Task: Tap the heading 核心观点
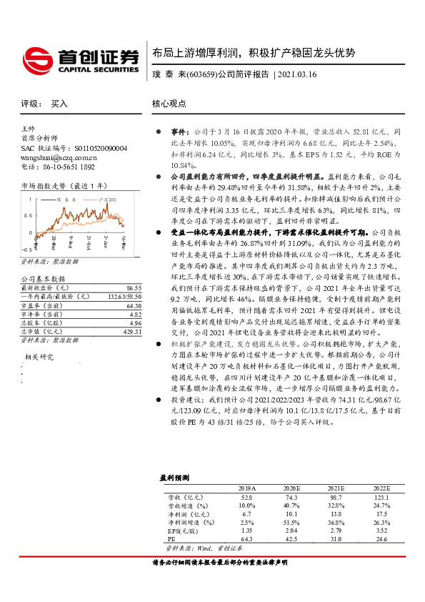(167, 104)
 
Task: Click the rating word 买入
(59, 104)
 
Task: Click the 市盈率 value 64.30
(133, 305)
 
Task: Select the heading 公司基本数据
(43, 279)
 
